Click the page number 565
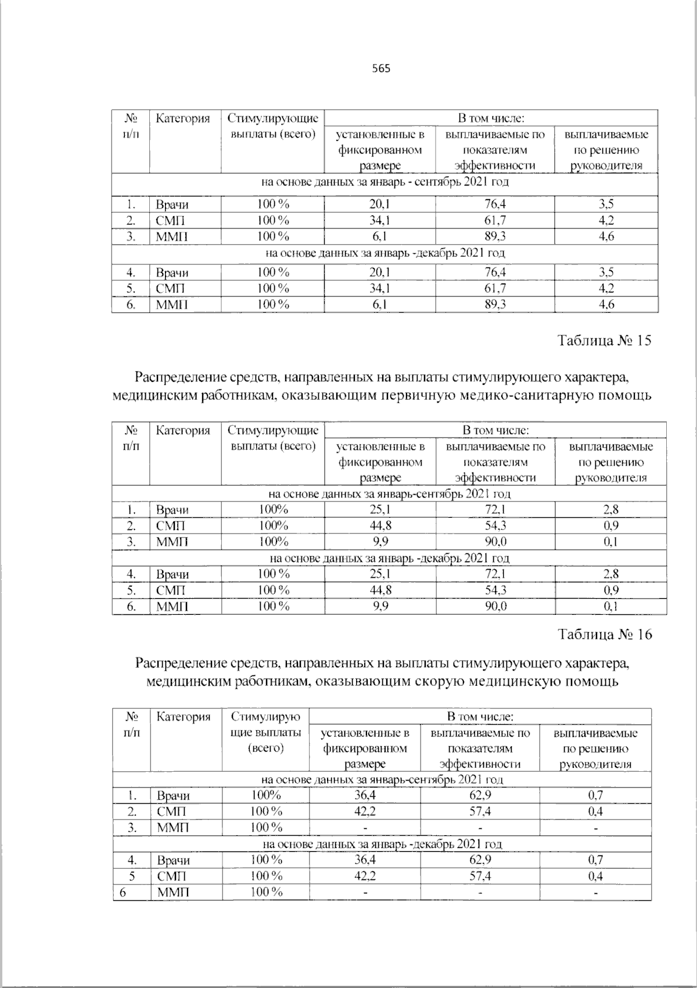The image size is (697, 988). click(381, 69)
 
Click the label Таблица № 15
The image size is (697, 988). click(605, 341)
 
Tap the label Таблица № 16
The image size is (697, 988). click(605, 634)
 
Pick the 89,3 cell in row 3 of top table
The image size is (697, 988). click(495, 237)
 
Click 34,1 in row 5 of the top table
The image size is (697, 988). click(380, 288)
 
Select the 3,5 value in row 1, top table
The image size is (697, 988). click(606, 205)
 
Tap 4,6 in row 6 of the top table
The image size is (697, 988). click(606, 305)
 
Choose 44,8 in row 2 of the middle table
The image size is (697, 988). click(380, 526)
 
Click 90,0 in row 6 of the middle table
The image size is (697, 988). click(495, 607)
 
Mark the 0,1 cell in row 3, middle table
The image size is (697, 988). click(610, 542)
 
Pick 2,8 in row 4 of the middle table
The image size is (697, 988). click(610, 574)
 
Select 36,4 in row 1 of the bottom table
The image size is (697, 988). click(365, 795)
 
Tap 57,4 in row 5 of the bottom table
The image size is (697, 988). click(480, 876)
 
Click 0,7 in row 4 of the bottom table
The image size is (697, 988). click(595, 860)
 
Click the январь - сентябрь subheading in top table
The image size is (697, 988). click(385, 182)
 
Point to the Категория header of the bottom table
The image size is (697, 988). click(184, 717)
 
